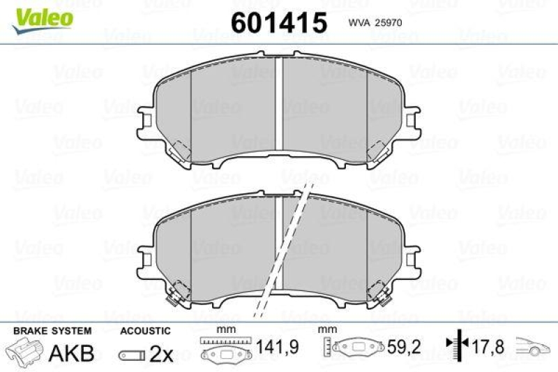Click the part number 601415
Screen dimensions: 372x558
coord(279,23)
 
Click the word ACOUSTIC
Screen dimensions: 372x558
coord(145,330)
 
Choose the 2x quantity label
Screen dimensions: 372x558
coord(161,354)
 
